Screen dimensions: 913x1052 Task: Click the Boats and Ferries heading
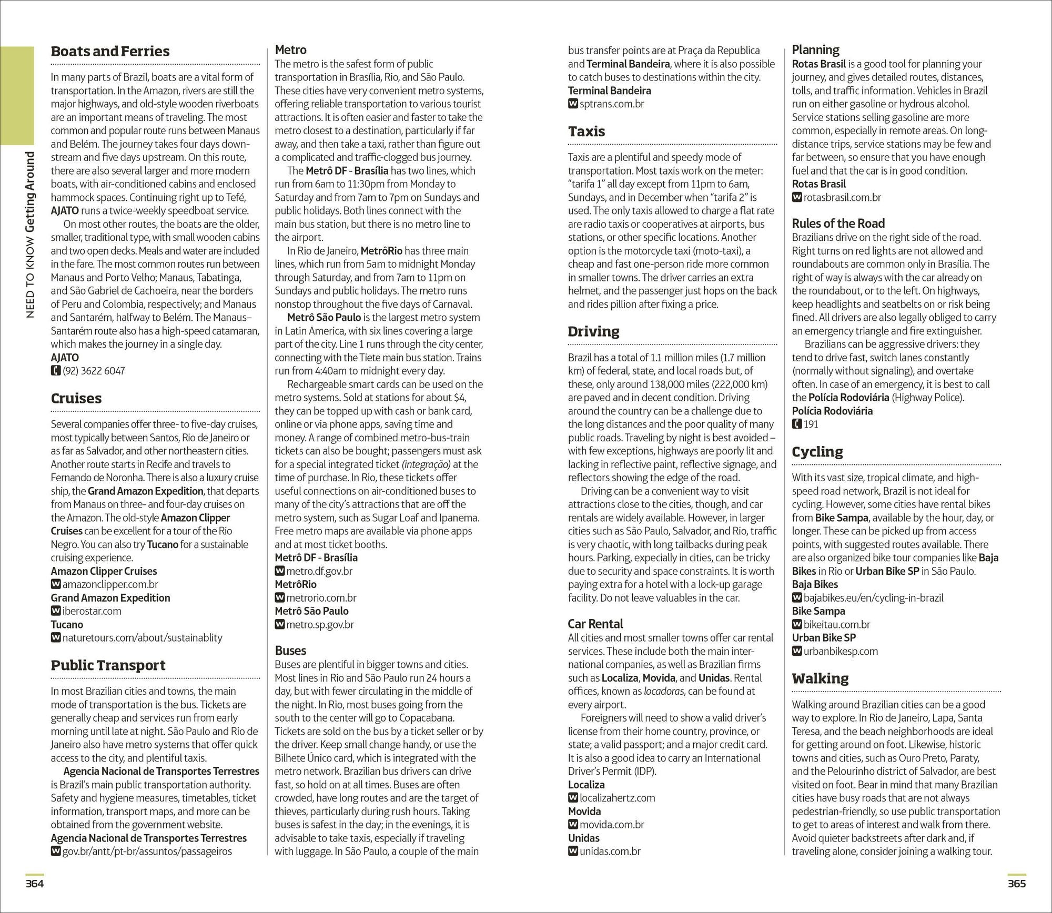(110, 52)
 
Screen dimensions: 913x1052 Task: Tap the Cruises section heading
(76, 399)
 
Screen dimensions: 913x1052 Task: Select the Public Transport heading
(108, 665)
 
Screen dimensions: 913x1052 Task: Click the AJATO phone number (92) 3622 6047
(94, 371)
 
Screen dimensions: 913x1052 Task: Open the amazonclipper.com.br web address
(110, 584)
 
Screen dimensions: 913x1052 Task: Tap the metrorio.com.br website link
(321, 598)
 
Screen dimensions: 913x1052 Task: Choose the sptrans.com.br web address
(612, 104)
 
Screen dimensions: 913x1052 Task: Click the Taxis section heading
(586, 131)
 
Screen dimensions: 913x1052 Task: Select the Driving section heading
(593, 331)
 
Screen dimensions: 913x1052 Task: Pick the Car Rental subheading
(595, 624)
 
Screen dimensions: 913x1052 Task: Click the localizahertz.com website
(617, 798)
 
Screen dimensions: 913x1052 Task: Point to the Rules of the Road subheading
(838, 224)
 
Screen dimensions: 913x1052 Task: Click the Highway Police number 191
(811, 424)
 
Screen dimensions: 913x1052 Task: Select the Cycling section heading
(817, 452)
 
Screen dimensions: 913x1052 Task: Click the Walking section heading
(820, 678)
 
